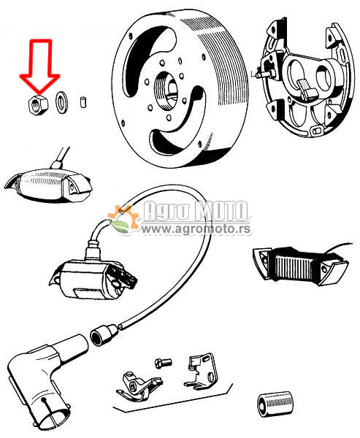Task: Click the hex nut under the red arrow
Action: [x=38, y=104]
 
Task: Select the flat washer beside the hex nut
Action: [x=61, y=103]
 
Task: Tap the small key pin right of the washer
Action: [x=83, y=102]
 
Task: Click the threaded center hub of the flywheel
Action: [x=166, y=91]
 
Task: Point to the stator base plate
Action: [x=305, y=78]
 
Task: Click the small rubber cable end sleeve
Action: [x=104, y=335]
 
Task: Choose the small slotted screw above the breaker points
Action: [x=164, y=363]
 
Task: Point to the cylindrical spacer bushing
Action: [x=275, y=404]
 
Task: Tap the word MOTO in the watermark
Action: [x=221, y=211]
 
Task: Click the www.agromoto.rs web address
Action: [x=196, y=229]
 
